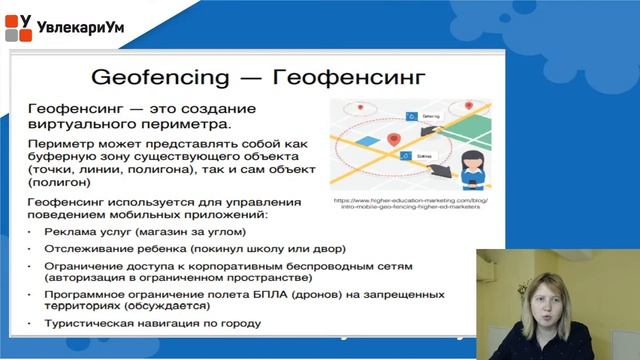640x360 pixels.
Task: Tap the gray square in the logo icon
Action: (x=12, y=35)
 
